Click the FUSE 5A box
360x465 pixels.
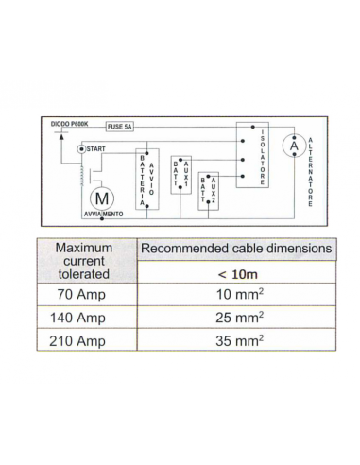tap(121, 126)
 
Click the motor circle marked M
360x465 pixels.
tap(101, 198)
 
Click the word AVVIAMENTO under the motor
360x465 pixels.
tap(102, 215)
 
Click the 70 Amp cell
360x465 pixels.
tap(83, 296)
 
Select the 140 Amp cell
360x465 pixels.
tap(83, 319)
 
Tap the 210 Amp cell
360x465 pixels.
tap(83, 341)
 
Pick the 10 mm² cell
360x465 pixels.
tap(236, 296)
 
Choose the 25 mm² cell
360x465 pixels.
tap(236, 319)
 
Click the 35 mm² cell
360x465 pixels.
tap(236, 341)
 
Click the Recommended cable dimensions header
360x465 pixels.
tap(236, 250)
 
